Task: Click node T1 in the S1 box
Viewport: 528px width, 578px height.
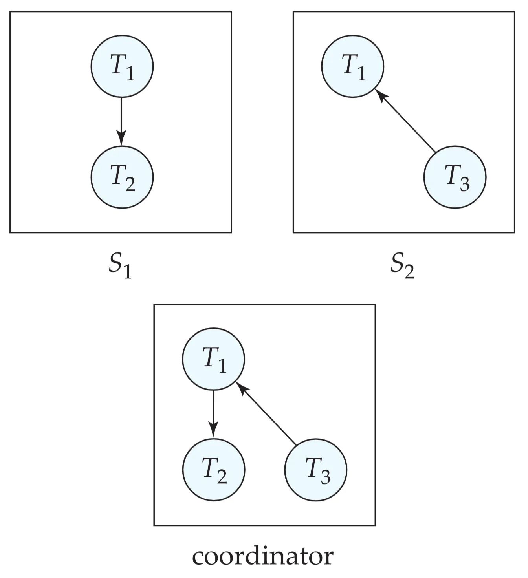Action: (x=122, y=66)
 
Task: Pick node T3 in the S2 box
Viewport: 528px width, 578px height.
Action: (x=455, y=177)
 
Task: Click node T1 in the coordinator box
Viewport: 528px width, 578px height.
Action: (x=213, y=359)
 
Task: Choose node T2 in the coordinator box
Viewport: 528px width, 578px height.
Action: (x=214, y=469)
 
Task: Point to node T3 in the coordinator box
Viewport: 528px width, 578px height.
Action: (x=315, y=470)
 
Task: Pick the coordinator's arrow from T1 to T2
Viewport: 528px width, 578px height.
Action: (x=213, y=412)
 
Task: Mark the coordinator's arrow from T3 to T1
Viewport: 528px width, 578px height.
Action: (x=267, y=415)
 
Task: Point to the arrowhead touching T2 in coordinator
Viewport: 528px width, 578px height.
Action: (x=213, y=432)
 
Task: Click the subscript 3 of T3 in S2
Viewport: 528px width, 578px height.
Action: (x=465, y=184)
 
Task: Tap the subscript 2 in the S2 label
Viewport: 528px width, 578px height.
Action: (x=409, y=272)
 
